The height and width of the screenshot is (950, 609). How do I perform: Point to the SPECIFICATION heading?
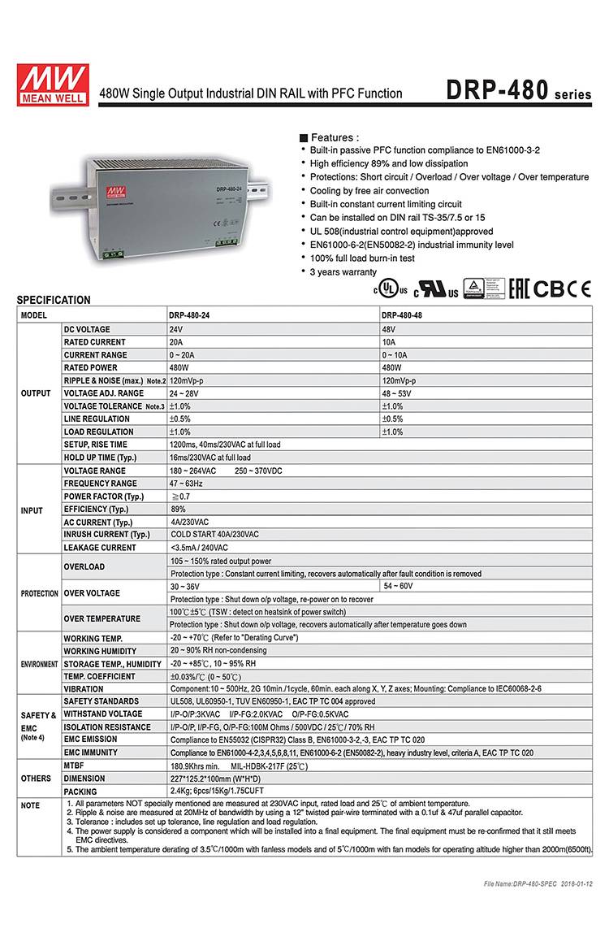point(54,300)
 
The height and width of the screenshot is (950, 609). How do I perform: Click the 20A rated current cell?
point(176,342)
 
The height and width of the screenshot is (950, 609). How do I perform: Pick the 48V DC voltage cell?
point(390,329)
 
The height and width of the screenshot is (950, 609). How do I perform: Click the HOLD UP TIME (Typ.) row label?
point(100,458)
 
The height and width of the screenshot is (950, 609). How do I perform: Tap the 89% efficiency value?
point(178,509)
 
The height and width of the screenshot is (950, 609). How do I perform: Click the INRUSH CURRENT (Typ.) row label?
point(106,535)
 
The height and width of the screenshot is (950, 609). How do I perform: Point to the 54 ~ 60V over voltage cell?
point(398,586)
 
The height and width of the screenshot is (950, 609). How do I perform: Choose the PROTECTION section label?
point(39,593)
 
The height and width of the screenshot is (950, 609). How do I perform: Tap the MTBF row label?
point(74,766)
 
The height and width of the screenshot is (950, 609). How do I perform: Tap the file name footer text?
point(538,883)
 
